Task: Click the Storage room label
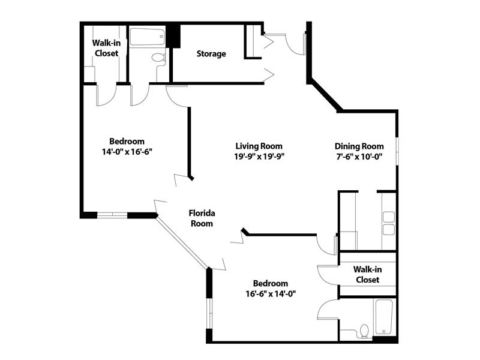click(211, 53)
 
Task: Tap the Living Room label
click(259, 146)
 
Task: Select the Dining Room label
click(359, 146)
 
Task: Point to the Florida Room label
click(202, 218)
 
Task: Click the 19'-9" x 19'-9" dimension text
click(259, 157)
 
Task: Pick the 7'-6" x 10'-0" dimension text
click(359, 157)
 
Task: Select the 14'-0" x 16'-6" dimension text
click(127, 152)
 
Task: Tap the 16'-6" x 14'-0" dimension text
click(271, 294)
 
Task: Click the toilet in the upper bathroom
click(158, 58)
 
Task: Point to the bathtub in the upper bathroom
click(147, 37)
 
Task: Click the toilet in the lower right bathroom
click(364, 331)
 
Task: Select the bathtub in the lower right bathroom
click(384, 317)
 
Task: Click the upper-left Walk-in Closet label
click(106, 48)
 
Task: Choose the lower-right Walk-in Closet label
click(367, 274)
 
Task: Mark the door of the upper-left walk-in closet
click(107, 95)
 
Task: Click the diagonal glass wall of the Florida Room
click(182, 242)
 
